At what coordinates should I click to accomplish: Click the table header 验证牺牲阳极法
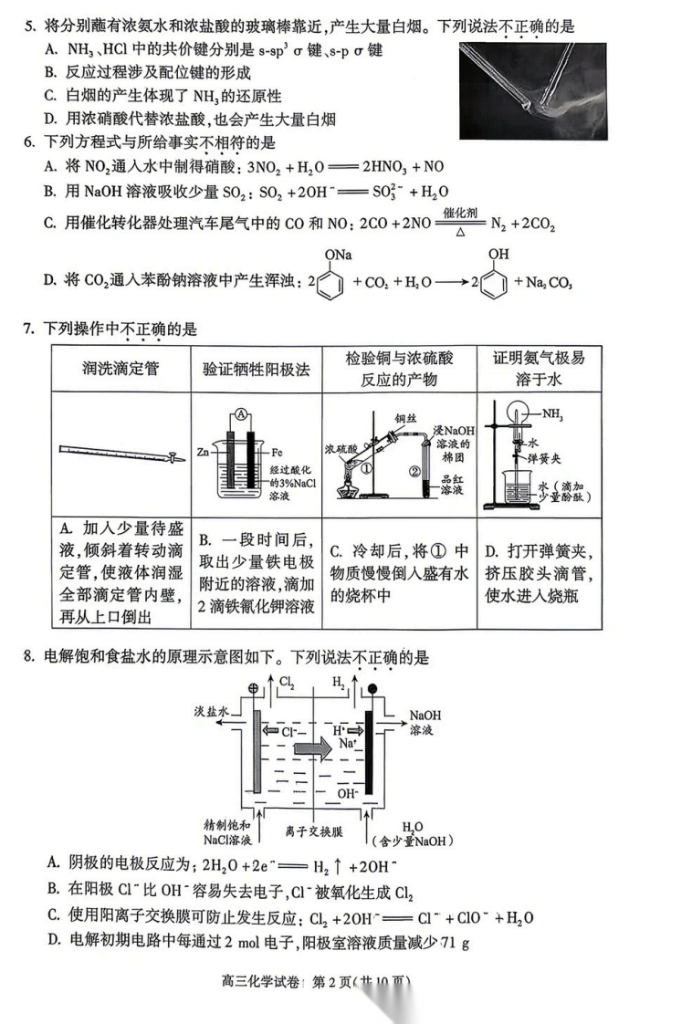pos(257,368)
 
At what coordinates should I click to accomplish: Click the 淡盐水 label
pos(210,710)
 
